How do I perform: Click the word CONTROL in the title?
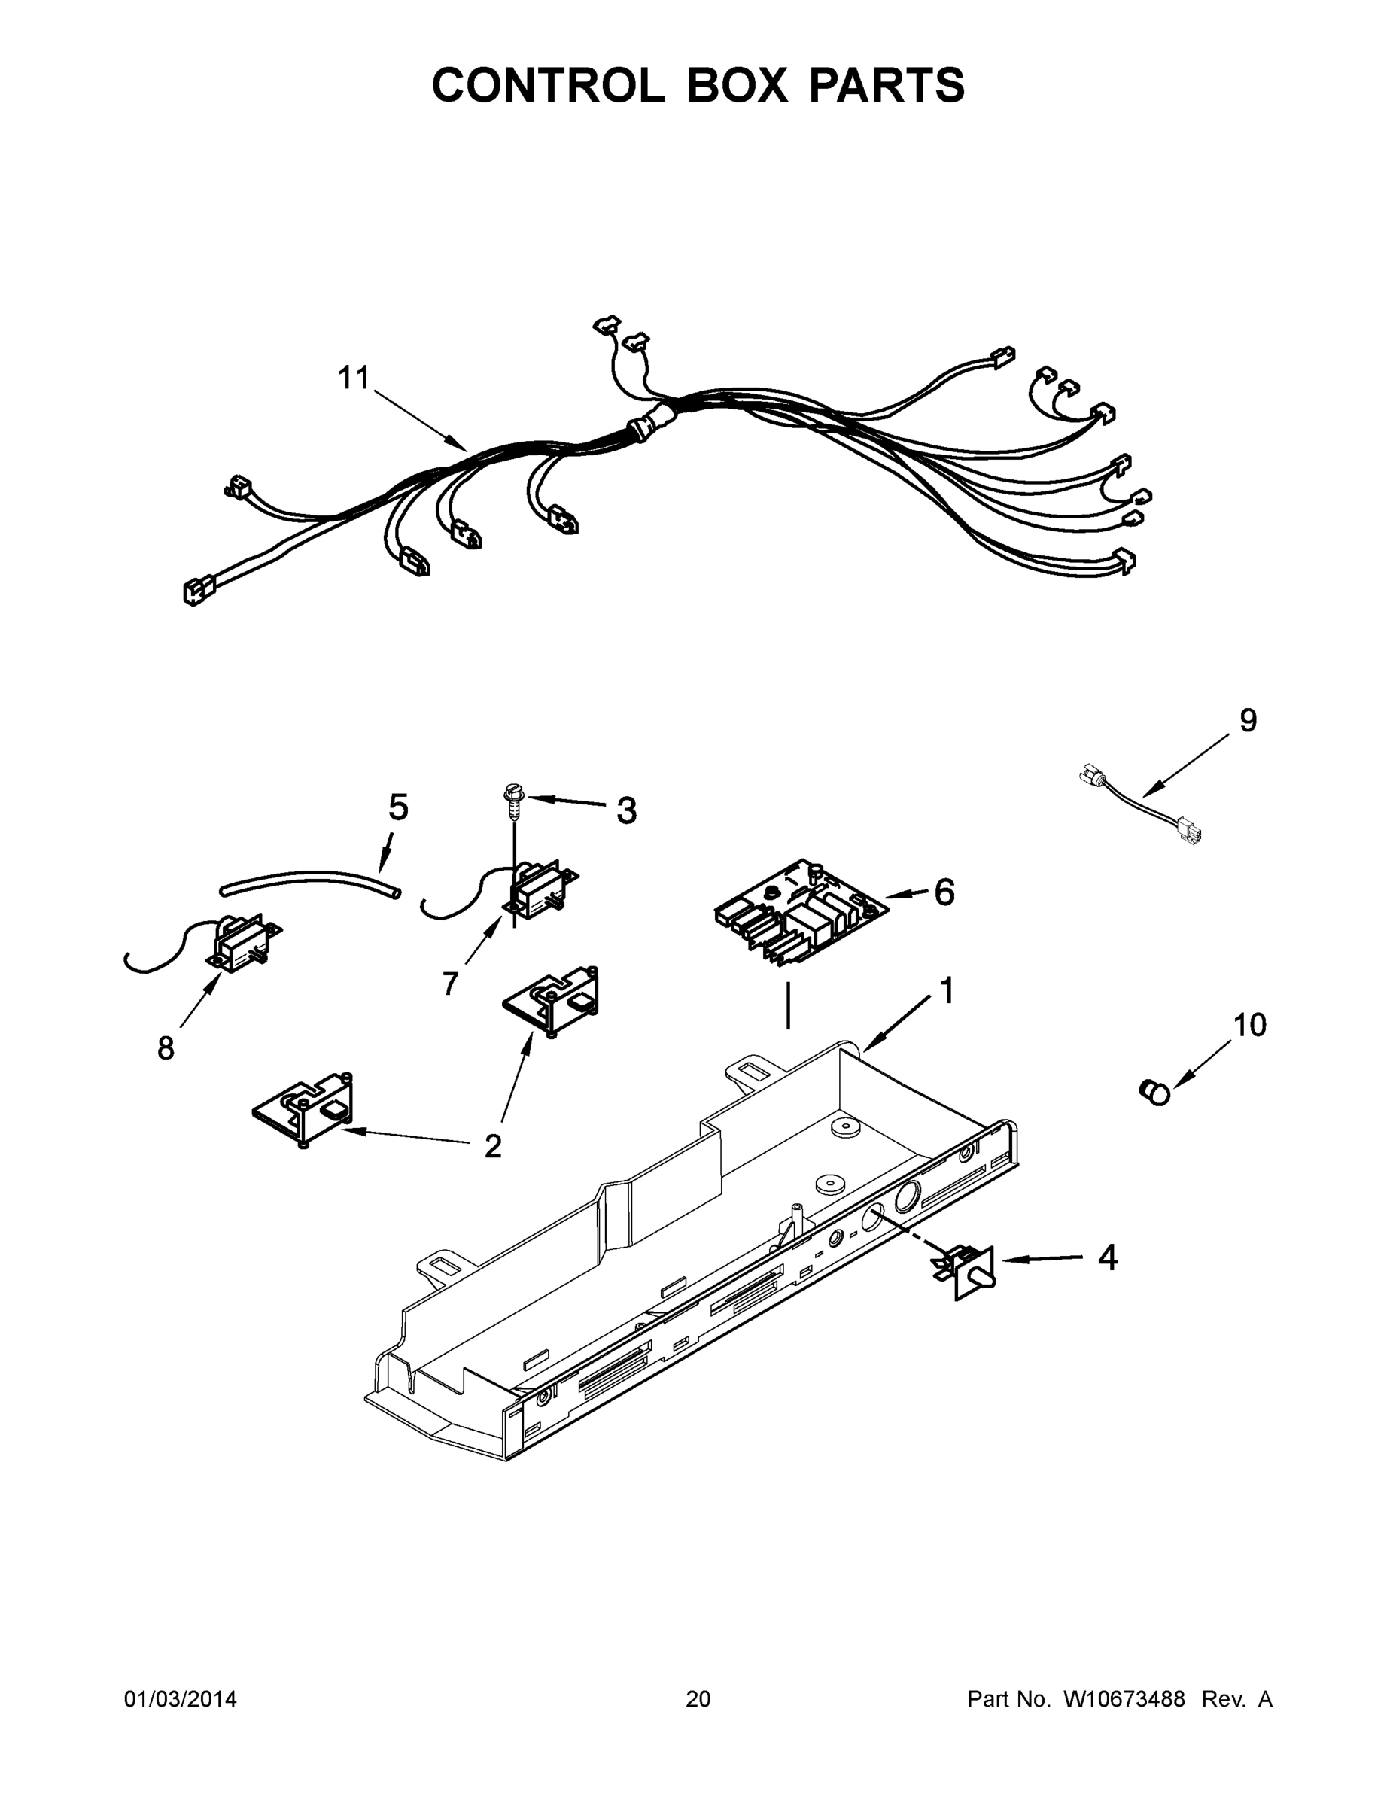547,85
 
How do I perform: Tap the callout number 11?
354,378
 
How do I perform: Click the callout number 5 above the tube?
399,807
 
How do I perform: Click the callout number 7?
450,984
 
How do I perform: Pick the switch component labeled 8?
240,942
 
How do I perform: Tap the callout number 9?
1248,720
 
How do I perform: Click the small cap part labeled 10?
1154,1093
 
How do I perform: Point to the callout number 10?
1249,1026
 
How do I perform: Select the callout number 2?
493,1146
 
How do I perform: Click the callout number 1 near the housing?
947,990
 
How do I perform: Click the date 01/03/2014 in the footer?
181,1699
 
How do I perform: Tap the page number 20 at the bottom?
698,1699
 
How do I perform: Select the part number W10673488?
1124,1699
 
